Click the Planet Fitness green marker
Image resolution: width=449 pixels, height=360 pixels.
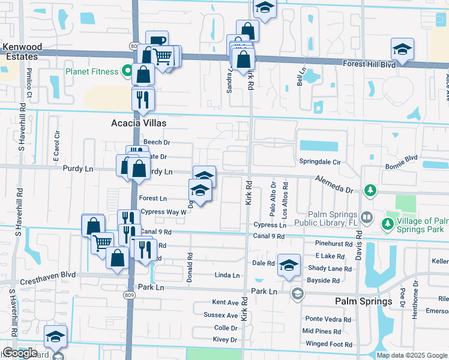127,71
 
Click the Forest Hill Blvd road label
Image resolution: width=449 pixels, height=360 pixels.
369,64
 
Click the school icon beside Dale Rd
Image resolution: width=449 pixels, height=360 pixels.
289,265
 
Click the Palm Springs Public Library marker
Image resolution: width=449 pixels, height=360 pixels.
366,216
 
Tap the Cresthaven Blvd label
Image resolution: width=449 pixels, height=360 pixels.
48,274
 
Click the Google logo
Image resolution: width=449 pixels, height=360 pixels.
19,353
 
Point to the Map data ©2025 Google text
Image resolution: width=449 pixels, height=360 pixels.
412,355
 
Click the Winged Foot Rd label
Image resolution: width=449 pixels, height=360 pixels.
327,344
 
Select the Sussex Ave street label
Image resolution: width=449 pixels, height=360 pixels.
221,315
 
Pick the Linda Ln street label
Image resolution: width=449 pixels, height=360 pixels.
227,275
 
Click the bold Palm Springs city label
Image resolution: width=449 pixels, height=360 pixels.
363,301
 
